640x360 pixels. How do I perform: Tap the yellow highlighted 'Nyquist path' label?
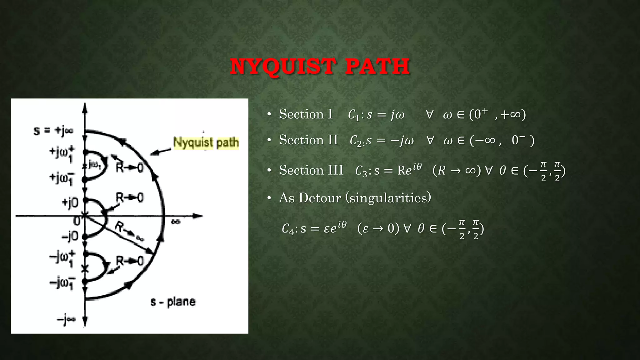[206, 143]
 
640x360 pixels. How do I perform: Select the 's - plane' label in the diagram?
[173, 302]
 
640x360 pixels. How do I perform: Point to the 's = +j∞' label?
[53, 130]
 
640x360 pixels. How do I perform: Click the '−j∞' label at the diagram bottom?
[66, 319]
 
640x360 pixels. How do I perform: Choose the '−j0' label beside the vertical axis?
[69, 237]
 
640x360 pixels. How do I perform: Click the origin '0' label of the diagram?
[77, 221]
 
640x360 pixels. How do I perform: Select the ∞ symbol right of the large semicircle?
[176, 222]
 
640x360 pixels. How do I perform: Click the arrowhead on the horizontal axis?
[197, 216]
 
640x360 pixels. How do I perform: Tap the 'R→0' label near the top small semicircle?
[129, 168]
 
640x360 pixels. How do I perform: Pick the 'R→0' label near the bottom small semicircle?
[129, 261]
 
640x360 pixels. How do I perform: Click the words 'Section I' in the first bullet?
[306, 114]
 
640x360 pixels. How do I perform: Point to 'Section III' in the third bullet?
[311, 171]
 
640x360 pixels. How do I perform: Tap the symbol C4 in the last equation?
[287, 229]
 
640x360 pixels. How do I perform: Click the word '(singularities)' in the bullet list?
[388, 198]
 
